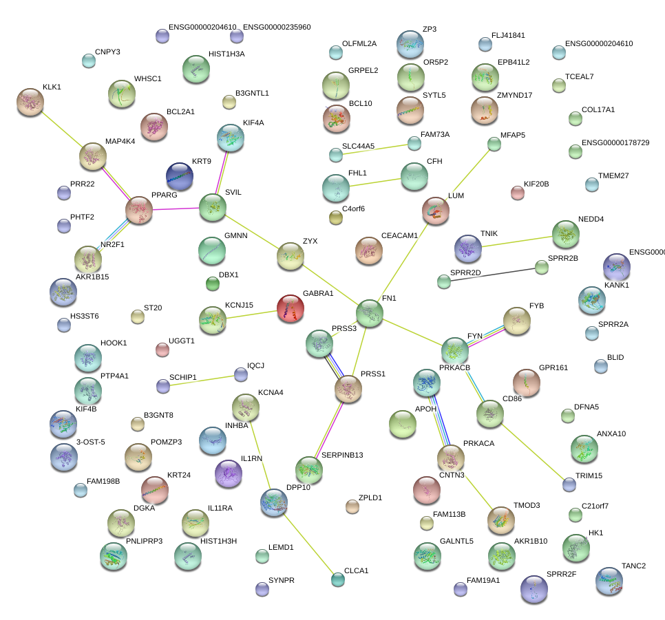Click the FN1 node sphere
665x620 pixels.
tap(370, 313)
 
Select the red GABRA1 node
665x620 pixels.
tap(291, 308)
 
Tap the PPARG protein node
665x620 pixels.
tap(139, 210)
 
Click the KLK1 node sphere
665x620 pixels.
tap(30, 102)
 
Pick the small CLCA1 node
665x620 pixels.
tap(337, 579)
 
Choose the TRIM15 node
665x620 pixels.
tap(569, 484)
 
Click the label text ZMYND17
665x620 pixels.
tap(514, 95)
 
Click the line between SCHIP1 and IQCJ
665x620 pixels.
tap(202, 381)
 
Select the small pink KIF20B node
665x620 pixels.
tap(517, 193)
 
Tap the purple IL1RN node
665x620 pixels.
tap(229, 473)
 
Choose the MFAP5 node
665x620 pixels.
tap(494, 144)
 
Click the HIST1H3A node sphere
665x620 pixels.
tap(196, 69)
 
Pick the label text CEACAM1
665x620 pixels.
tap(399, 236)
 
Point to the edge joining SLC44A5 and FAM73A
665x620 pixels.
tap(374, 149)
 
